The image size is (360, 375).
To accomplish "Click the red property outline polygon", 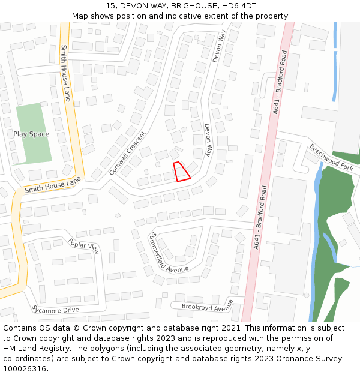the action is click(181, 172).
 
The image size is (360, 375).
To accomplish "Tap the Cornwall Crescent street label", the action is click(127, 153).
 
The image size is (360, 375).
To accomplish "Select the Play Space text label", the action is click(31, 134).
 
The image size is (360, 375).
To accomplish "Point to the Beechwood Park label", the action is click(331, 157).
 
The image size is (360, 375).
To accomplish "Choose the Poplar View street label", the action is click(83, 245).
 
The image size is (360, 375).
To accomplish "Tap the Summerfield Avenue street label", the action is click(169, 252).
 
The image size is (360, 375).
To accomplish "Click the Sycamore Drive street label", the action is click(55, 310).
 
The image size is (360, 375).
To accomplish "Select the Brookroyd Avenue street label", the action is click(207, 306).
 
